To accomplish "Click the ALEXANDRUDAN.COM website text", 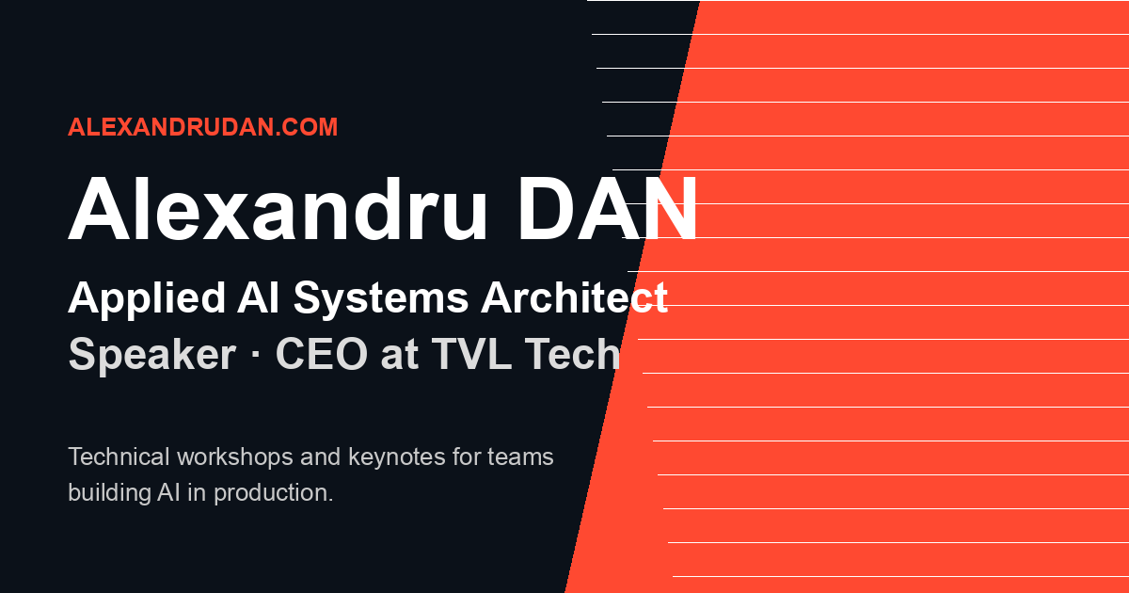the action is point(202,127).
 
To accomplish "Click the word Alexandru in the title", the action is point(278,208).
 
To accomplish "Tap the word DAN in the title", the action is point(608,208).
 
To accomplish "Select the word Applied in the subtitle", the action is point(147,299).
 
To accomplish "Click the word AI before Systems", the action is point(258,297).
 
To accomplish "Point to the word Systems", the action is point(381,299).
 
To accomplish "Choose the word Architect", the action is point(574,297).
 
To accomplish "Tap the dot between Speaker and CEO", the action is point(256,354).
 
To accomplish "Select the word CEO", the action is point(322,354).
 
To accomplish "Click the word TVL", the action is point(471,354).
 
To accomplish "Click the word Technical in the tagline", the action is point(119,457).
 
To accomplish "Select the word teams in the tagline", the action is point(520,457).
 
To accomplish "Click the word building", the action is point(109,493).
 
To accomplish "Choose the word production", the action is point(274,493).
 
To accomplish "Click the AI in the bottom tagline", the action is point(168,492).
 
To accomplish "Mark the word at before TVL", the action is point(400,356).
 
